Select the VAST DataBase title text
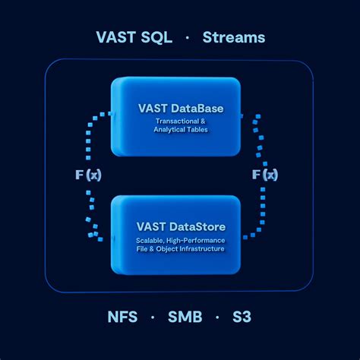coord(180,109)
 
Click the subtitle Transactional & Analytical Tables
coord(180,125)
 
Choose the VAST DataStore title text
coord(180,226)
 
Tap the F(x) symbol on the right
coord(264,175)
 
